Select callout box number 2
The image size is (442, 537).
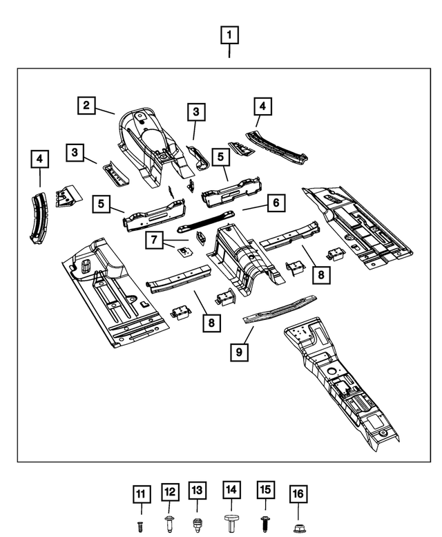86,106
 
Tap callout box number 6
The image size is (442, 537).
275,203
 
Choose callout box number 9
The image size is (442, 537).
239,352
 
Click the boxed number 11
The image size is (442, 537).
142,494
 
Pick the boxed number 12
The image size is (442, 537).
170,493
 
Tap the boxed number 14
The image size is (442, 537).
231,490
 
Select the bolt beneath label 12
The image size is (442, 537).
170,525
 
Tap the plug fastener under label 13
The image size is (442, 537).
198,524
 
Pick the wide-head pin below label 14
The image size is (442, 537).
231,522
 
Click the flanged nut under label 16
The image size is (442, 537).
298,527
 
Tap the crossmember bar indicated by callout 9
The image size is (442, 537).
280,309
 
